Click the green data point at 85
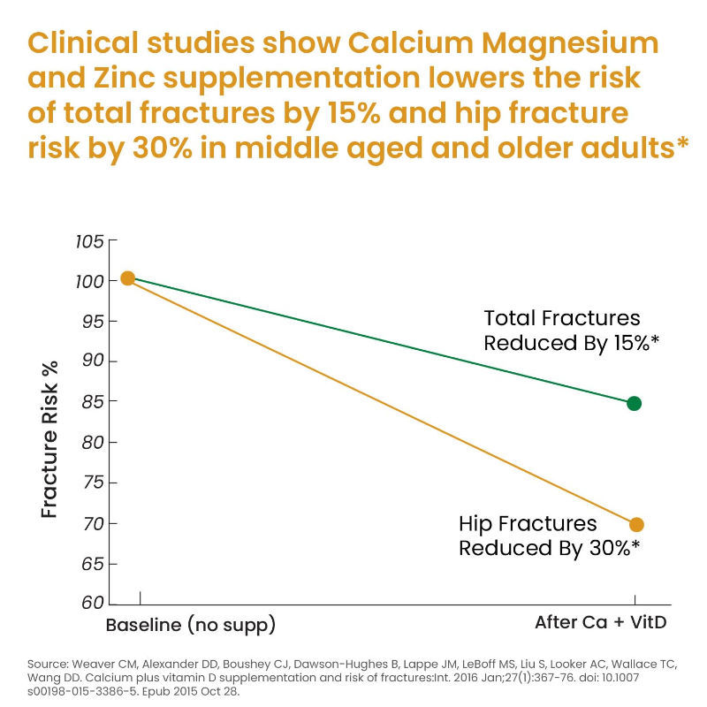[634, 403]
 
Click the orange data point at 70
[635, 524]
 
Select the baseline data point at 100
[127, 277]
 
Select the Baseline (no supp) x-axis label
[190, 625]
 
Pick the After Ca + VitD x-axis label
[600, 622]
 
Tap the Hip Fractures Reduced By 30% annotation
[548, 536]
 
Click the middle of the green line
[381, 340]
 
